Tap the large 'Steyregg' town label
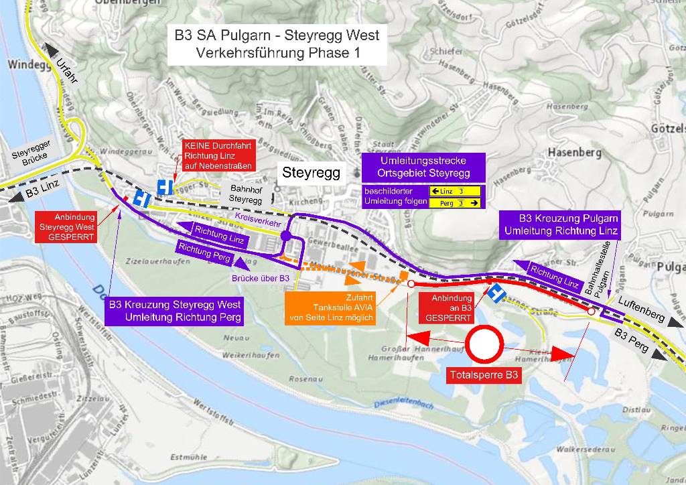click(311, 172)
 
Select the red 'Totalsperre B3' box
click(484, 376)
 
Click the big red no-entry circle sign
click(485, 344)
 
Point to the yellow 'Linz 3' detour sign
click(456, 191)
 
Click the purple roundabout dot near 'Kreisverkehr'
click(286, 236)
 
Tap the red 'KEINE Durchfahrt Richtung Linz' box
click(217, 155)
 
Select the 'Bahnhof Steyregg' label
click(245, 194)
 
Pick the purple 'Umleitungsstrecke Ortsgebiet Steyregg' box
click(423, 167)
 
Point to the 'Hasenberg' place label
click(574, 152)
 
